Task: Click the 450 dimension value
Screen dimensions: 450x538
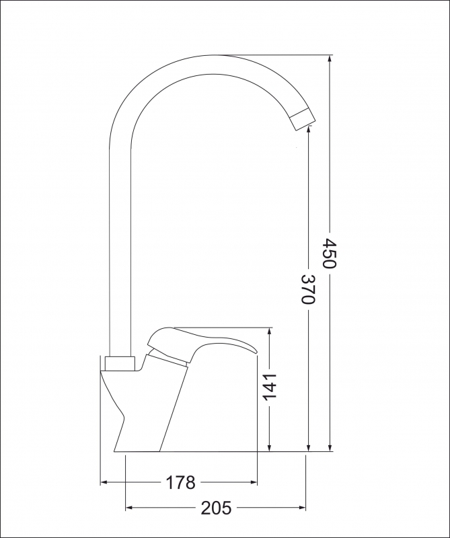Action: pos(330,254)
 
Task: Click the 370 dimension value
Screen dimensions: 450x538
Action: pos(308,289)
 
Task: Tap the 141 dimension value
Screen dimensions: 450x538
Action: pos(270,387)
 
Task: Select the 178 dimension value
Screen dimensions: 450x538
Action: pos(180,482)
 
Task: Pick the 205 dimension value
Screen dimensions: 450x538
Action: pos(216,508)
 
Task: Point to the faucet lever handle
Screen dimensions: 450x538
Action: pos(202,343)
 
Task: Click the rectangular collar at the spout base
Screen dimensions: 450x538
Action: pos(120,364)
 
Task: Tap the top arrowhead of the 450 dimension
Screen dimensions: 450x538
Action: pos(330,59)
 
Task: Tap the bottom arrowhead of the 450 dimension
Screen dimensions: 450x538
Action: pos(330,447)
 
